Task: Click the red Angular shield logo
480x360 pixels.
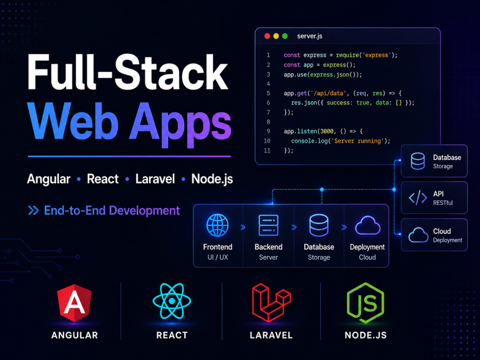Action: point(74,303)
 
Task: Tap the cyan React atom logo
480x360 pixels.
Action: point(172,301)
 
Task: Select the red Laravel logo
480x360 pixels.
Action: point(271,303)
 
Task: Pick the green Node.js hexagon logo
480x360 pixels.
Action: point(365,303)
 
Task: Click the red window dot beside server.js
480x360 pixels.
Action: point(267,36)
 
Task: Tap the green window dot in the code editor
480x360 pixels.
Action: point(285,36)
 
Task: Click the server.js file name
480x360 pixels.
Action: point(310,36)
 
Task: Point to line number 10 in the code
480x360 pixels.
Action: point(267,141)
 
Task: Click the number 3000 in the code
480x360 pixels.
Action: point(326,132)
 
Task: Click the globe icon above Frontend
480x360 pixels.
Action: point(217,225)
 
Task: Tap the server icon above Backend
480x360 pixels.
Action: point(268,225)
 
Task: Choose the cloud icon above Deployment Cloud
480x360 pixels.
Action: point(367,226)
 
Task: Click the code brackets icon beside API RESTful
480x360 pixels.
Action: point(418,197)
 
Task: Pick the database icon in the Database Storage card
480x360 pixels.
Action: point(418,161)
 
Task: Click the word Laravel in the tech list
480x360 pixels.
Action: point(155,179)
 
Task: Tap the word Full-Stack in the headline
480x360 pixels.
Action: point(128,72)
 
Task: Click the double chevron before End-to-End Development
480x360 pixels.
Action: point(34,211)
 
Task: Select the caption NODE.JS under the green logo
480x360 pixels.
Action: point(365,335)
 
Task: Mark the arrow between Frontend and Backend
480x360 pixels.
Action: point(243,228)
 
